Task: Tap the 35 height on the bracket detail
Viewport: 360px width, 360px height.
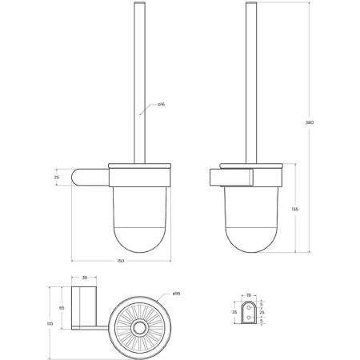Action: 233,311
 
